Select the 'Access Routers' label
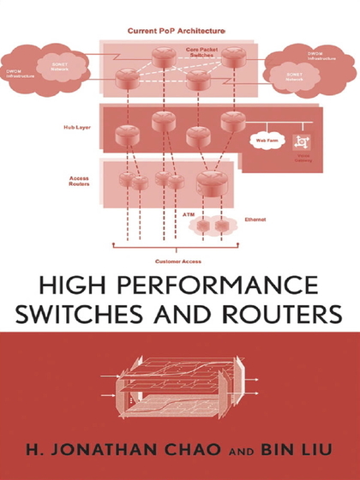79,183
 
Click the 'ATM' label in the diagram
188,211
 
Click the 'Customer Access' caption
178,260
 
